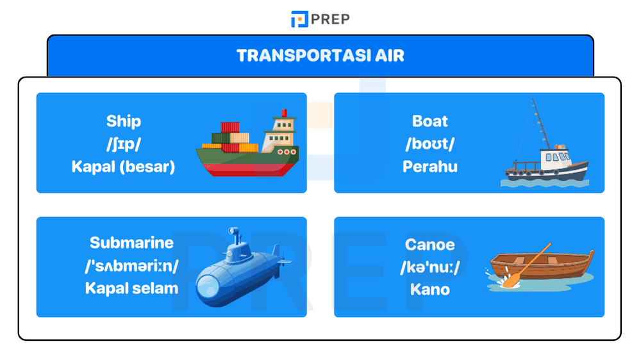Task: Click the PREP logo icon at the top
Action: [299, 19]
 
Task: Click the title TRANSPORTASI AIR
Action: [320, 55]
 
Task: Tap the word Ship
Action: [124, 121]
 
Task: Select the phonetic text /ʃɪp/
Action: [124, 144]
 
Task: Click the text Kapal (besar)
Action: [124, 167]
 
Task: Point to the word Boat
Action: [430, 121]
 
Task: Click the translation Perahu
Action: [430, 167]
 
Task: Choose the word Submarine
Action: [131, 243]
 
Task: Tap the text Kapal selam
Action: [131, 288]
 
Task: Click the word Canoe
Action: [430, 245]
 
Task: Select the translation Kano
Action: [430, 290]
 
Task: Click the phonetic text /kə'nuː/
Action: [430, 267]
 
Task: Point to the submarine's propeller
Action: [278, 261]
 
